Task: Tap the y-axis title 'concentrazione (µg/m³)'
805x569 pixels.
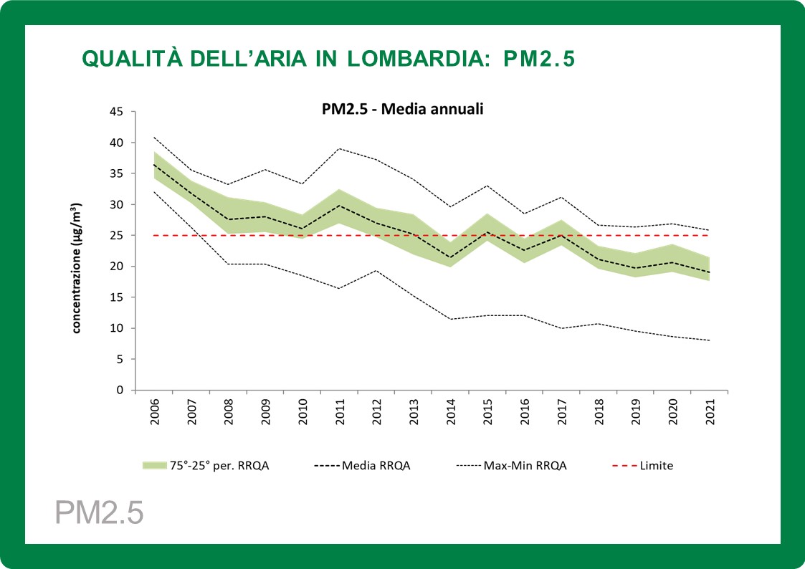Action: (75, 267)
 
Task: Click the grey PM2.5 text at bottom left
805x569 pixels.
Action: (99, 513)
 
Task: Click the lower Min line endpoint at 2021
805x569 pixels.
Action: (710, 340)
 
